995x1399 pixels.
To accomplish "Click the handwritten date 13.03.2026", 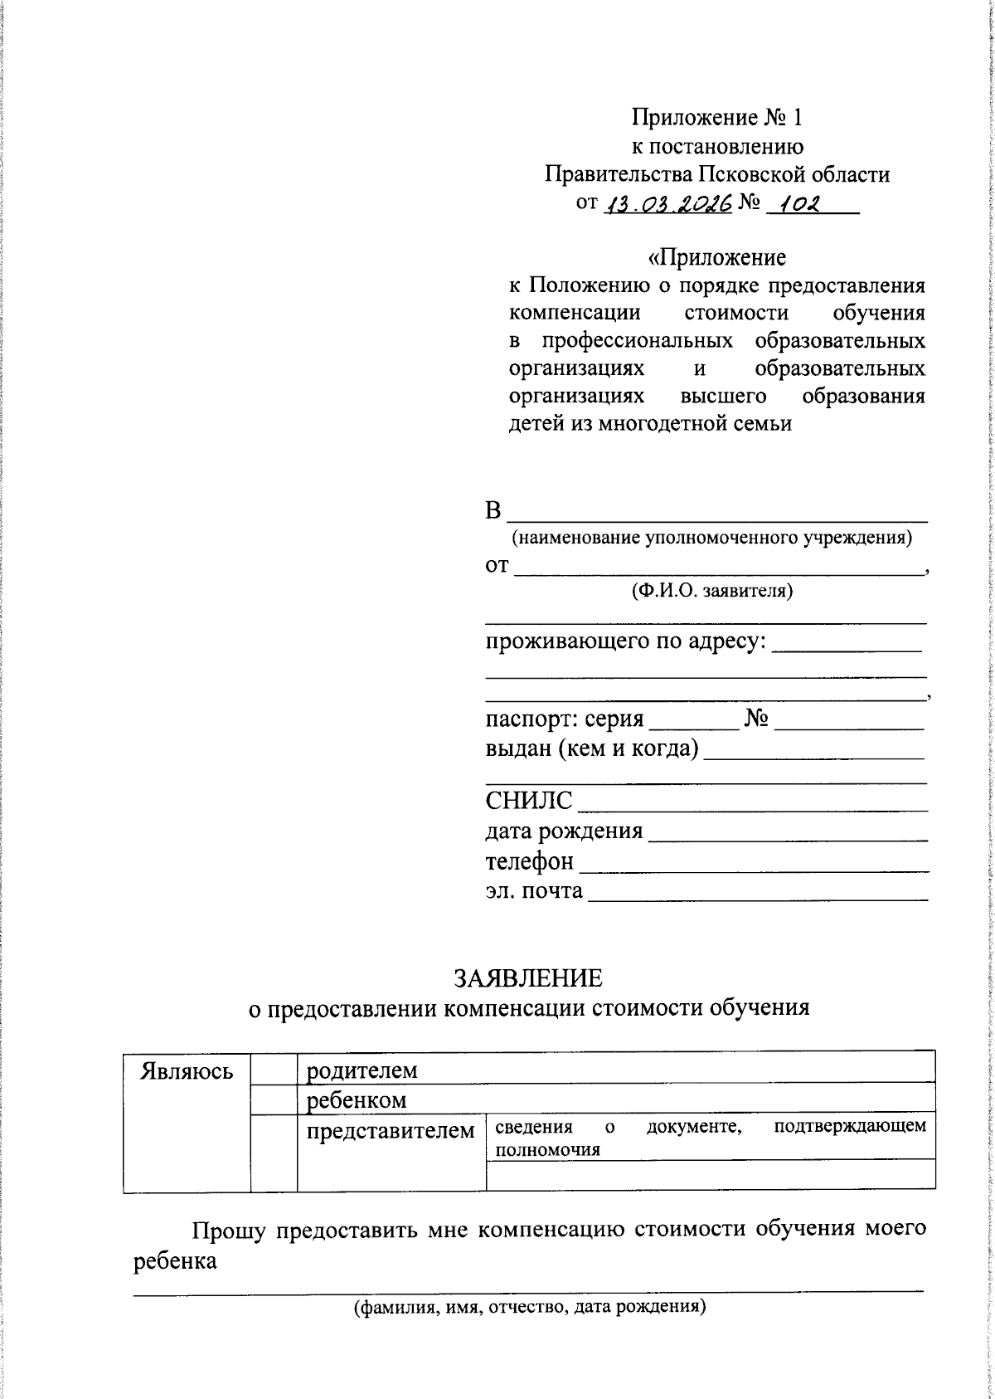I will (x=668, y=204).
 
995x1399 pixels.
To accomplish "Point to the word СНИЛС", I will (x=529, y=801).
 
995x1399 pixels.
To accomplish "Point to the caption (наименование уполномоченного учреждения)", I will (x=711, y=538).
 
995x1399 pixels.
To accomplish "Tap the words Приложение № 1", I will (x=717, y=118).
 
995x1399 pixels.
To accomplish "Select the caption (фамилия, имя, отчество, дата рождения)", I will (x=529, y=1308).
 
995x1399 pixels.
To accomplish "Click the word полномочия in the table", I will (x=547, y=1150).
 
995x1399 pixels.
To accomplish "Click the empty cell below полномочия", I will (x=711, y=1176).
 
